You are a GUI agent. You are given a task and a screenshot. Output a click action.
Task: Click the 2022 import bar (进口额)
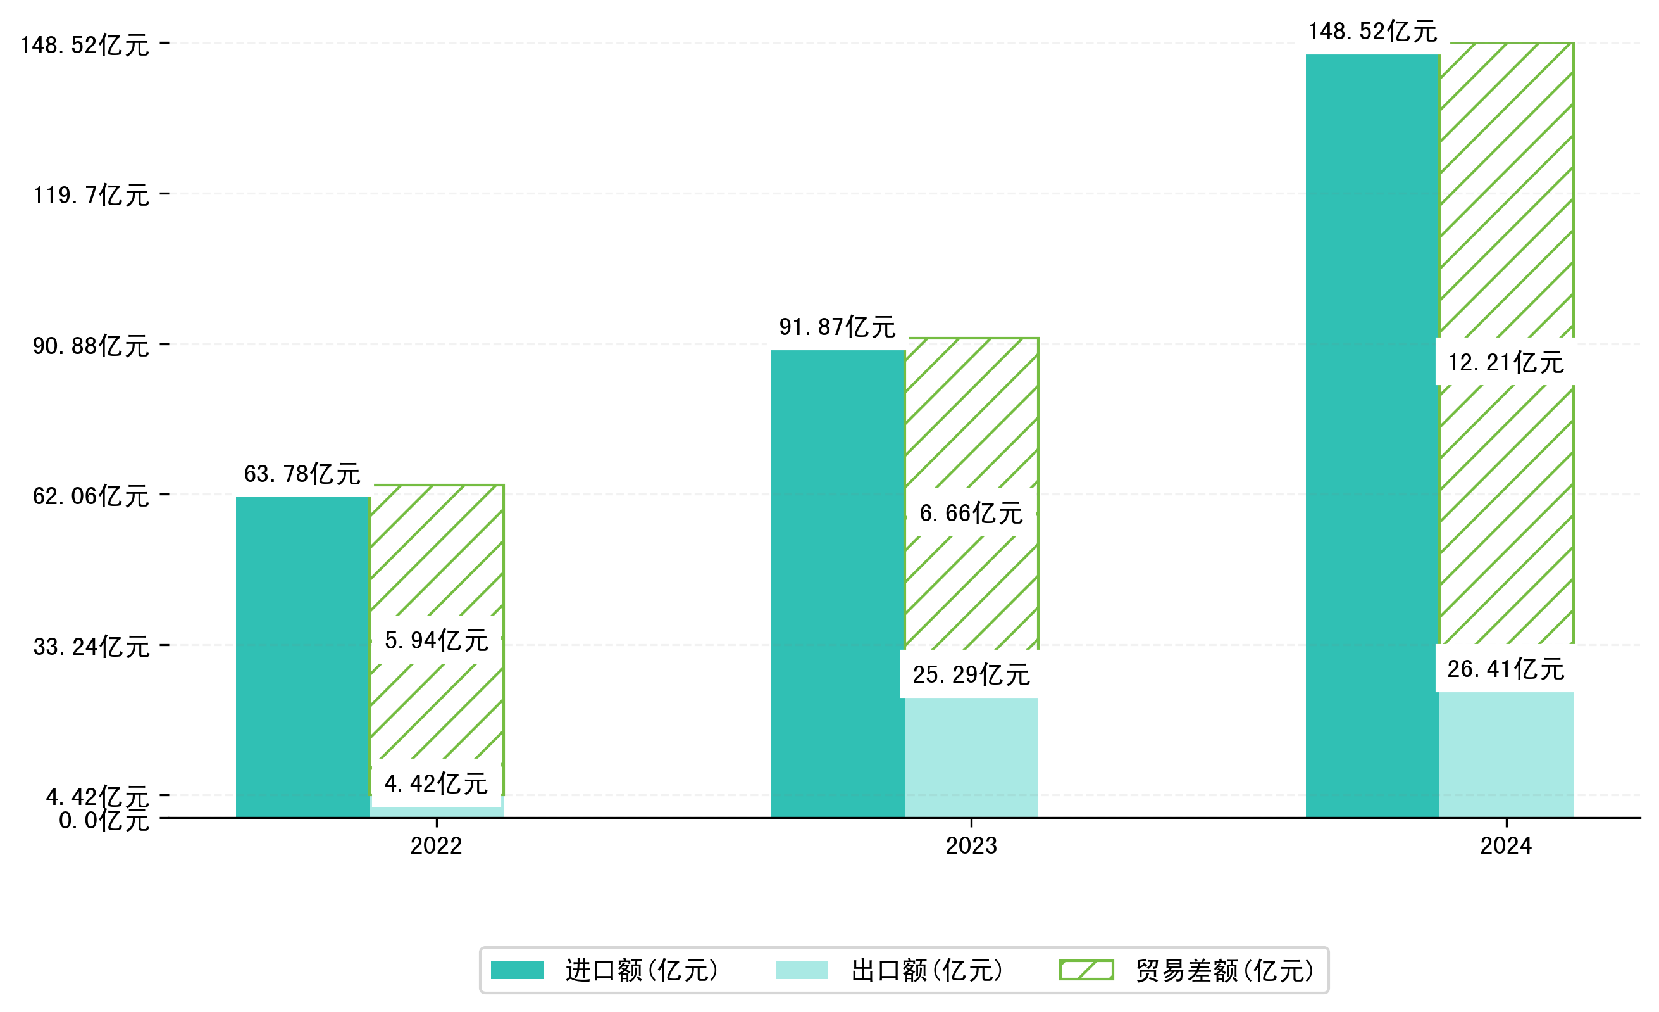302,657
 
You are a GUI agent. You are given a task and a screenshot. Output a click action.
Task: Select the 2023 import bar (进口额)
837,583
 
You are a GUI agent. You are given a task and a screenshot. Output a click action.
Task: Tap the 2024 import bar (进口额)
1372,436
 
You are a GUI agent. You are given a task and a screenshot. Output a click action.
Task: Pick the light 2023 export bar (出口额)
971,758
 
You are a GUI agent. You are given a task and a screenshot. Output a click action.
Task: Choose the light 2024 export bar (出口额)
1506,755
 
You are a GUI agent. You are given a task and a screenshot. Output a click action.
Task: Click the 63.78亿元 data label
302,474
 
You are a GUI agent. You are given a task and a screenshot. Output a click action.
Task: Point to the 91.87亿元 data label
837,327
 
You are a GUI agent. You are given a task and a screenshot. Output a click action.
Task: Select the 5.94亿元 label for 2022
437,640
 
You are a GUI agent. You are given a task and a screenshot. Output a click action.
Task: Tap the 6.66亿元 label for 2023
971,514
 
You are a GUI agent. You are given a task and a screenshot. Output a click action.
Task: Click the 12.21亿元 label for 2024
1506,362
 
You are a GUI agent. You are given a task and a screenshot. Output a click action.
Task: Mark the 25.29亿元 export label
971,674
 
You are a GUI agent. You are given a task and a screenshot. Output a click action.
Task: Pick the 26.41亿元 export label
1506,669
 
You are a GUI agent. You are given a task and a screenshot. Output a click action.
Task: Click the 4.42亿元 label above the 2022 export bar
437,783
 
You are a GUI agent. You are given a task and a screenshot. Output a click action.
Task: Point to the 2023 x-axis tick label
971,845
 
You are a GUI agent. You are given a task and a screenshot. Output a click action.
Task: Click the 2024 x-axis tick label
1506,845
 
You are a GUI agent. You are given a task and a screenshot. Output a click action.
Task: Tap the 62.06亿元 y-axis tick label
91,496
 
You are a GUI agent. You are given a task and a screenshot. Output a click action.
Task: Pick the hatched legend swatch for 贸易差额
1086,970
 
